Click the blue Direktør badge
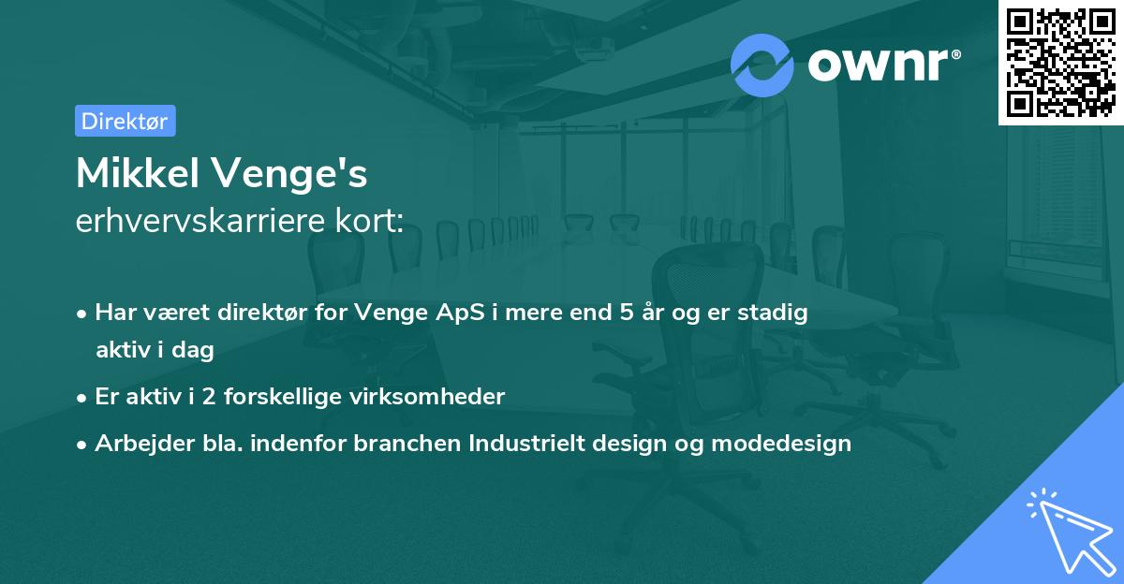tap(125, 121)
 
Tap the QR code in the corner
tap(1060, 62)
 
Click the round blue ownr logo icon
tap(762, 65)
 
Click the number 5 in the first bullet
tap(627, 313)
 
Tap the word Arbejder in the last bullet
tap(135, 443)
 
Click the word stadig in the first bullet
tap(776, 314)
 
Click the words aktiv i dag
tap(155, 350)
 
